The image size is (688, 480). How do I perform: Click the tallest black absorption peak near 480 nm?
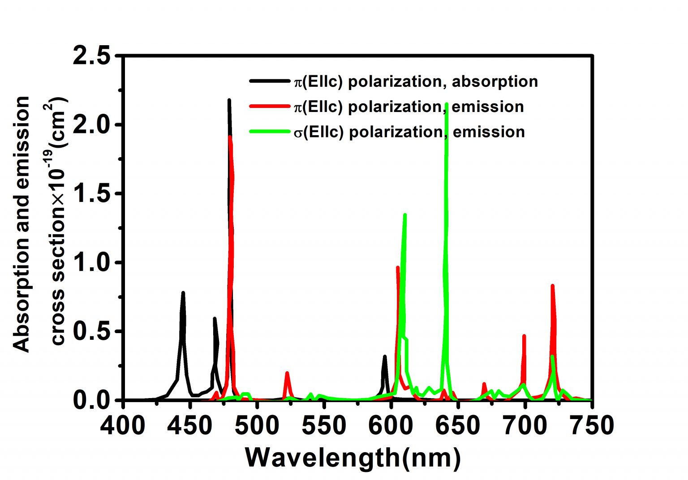pos(229,101)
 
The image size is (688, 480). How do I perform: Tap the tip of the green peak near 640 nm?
pos(447,105)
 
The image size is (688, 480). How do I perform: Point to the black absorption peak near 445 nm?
pos(183,293)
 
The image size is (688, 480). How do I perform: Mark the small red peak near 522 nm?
pos(287,373)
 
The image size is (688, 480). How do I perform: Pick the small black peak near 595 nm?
pos(384,357)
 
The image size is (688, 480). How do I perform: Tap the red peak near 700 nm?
pos(524,336)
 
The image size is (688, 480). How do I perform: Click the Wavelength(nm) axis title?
pos(353,458)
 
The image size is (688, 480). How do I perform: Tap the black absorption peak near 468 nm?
pos(215,319)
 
